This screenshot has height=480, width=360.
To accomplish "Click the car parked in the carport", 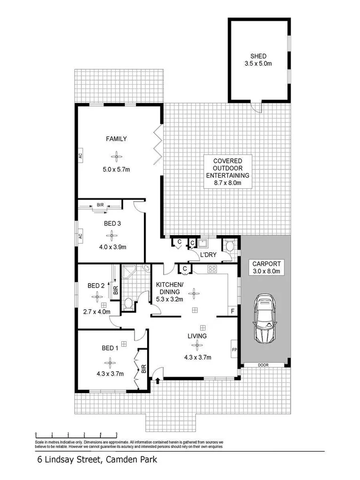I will click(264, 320).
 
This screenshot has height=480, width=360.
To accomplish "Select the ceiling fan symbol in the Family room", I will click(116, 156).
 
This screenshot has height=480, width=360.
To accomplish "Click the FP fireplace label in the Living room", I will click(234, 350).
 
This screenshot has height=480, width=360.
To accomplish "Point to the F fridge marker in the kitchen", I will click(232, 309).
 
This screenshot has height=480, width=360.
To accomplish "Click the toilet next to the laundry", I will click(229, 247).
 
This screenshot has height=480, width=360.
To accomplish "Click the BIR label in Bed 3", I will click(100, 205).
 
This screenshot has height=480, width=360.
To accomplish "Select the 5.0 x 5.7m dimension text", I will click(116, 170).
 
